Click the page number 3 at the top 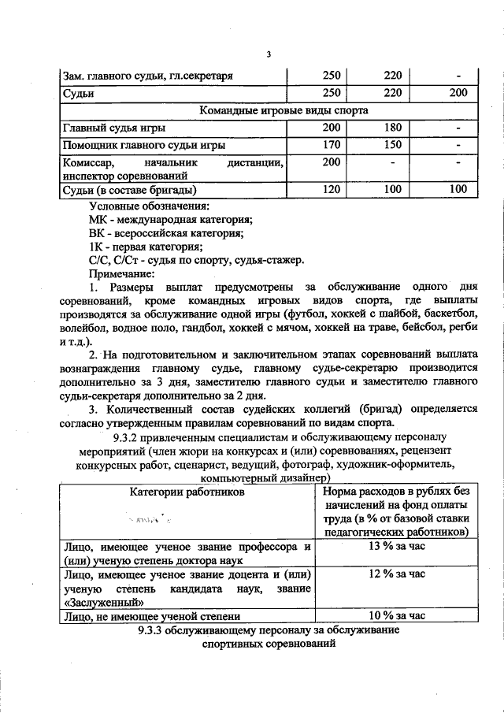(268, 54)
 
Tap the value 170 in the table (331, 144)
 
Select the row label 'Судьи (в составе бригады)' (129, 190)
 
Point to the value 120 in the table (331, 190)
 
